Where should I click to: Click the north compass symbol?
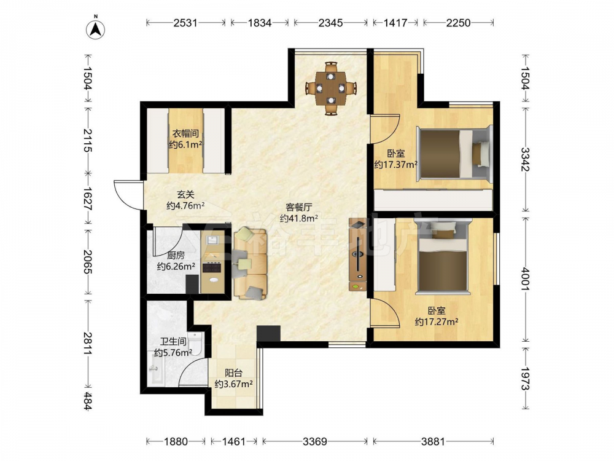96,28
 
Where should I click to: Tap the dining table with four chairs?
331,88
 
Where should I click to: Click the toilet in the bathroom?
195,344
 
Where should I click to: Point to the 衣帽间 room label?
185,133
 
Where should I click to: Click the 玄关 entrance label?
185,194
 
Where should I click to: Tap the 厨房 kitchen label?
176,256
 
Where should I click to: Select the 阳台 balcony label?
233,373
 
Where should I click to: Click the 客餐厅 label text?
299,207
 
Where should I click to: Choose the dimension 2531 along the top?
185,23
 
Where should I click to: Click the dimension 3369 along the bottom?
315,442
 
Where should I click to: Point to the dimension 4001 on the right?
525,278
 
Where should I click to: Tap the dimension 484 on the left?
87,401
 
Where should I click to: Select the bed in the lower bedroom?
443,256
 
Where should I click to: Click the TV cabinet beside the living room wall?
359,255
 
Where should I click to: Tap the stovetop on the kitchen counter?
211,268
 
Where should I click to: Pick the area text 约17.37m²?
395,165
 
